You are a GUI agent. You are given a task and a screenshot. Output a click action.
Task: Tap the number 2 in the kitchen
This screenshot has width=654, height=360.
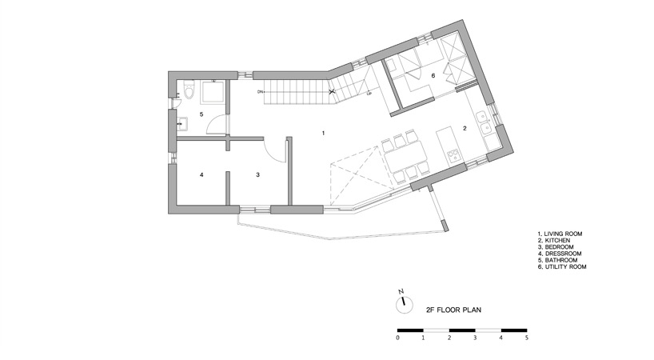(x=464, y=127)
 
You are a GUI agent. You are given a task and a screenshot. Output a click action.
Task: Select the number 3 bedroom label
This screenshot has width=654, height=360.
(x=257, y=174)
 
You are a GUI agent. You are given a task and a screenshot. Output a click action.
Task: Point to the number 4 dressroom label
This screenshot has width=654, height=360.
(x=201, y=174)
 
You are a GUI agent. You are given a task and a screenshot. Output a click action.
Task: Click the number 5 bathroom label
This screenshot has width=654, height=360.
(x=201, y=114)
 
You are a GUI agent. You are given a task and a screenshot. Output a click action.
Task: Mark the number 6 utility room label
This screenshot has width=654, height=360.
(x=433, y=76)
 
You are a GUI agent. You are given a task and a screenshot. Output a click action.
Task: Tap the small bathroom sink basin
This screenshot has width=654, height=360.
(x=182, y=122)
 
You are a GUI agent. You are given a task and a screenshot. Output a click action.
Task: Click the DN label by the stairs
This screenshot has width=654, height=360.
(x=260, y=93)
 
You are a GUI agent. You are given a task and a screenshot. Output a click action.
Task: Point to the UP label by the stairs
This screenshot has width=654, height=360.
(x=369, y=94)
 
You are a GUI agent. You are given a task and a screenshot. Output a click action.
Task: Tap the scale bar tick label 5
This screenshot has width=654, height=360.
(x=527, y=338)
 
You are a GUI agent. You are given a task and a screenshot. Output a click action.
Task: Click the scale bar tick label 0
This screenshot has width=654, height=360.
(x=397, y=338)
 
